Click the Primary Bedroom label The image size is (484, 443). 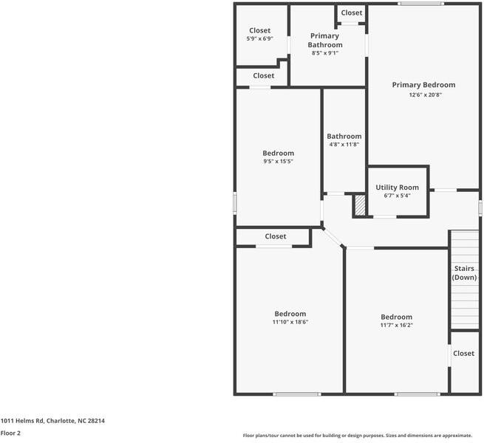click(423, 85)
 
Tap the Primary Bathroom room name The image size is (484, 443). click(325, 41)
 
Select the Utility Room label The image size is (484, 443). click(397, 188)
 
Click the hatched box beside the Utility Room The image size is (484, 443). click(360, 205)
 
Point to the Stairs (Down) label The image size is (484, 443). click(464, 273)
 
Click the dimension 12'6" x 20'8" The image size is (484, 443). click(423, 95)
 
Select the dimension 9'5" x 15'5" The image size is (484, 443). click(279, 161)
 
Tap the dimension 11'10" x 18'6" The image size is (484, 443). click(290, 322)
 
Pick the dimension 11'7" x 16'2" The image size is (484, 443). click(396, 325)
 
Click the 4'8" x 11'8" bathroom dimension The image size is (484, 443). click(344, 145)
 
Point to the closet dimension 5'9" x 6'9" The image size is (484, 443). click(259, 38)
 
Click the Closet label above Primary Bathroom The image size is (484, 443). click(352, 13)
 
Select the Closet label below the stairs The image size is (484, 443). click(463, 354)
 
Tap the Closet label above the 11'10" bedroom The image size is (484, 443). click(276, 236)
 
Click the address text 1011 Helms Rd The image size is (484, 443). click(52, 421)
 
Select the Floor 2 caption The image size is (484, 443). click(10, 433)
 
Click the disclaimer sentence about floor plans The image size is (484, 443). click(362, 436)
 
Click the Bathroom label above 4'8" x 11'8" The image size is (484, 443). click(344, 136)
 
